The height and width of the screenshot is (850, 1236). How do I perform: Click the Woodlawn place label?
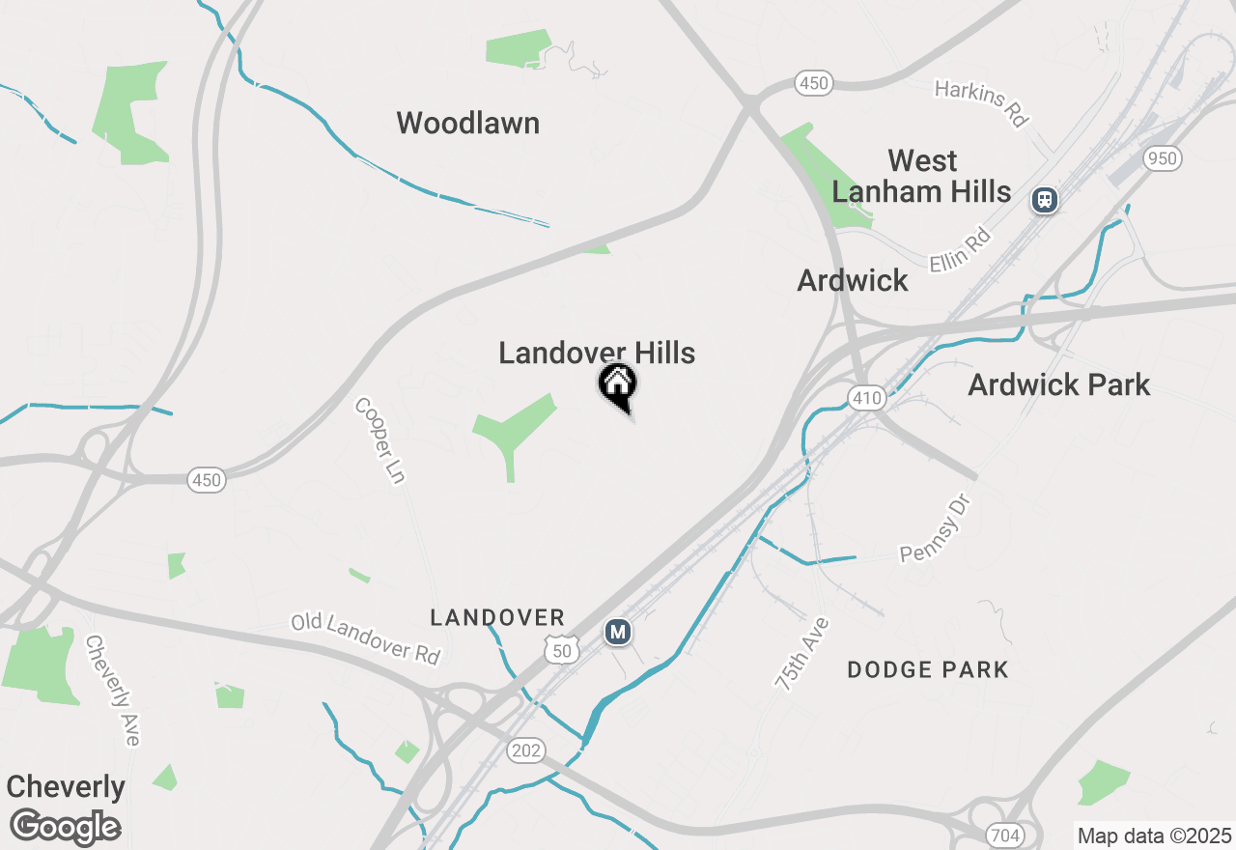pyautogui.click(x=467, y=124)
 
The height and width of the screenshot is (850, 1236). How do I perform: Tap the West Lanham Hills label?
pyautogui.click(x=921, y=176)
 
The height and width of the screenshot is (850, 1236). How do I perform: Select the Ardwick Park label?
pyautogui.click(x=1058, y=384)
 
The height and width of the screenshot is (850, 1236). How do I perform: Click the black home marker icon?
pyautogui.click(x=618, y=385)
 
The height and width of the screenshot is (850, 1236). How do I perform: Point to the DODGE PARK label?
pyautogui.click(x=927, y=669)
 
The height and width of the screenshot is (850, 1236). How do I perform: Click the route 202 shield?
pyautogui.click(x=527, y=751)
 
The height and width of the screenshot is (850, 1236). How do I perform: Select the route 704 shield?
pyautogui.click(x=1005, y=835)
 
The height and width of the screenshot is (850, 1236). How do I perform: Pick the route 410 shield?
pyautogui.click(x=866, y=397)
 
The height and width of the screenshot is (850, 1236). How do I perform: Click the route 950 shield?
pyautogui.click(x=1163, y=158)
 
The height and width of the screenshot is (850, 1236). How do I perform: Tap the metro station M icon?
pyautogui.click(x=618, y=633)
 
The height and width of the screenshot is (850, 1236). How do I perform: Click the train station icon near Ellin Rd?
pyautogui.click(x=1044, y=200)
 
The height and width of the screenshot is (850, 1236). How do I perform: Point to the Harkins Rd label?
pyautogui.click(x=981, y=104)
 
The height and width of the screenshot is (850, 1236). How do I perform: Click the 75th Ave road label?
pyautogui.click(x=801, y=654)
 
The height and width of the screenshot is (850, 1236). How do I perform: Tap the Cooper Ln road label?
pyautogui.click(x=379, y=439)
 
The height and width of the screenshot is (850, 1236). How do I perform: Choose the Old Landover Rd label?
pyautogui.click(x=366, y=638)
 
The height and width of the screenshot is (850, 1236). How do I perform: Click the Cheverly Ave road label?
pyautogui.click(x=112, y=690)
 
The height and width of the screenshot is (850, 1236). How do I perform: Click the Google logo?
pyautogui.click(x=65, y=827)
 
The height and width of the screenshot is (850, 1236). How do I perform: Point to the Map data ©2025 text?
pyautogui.click(x=1154, y=836)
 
